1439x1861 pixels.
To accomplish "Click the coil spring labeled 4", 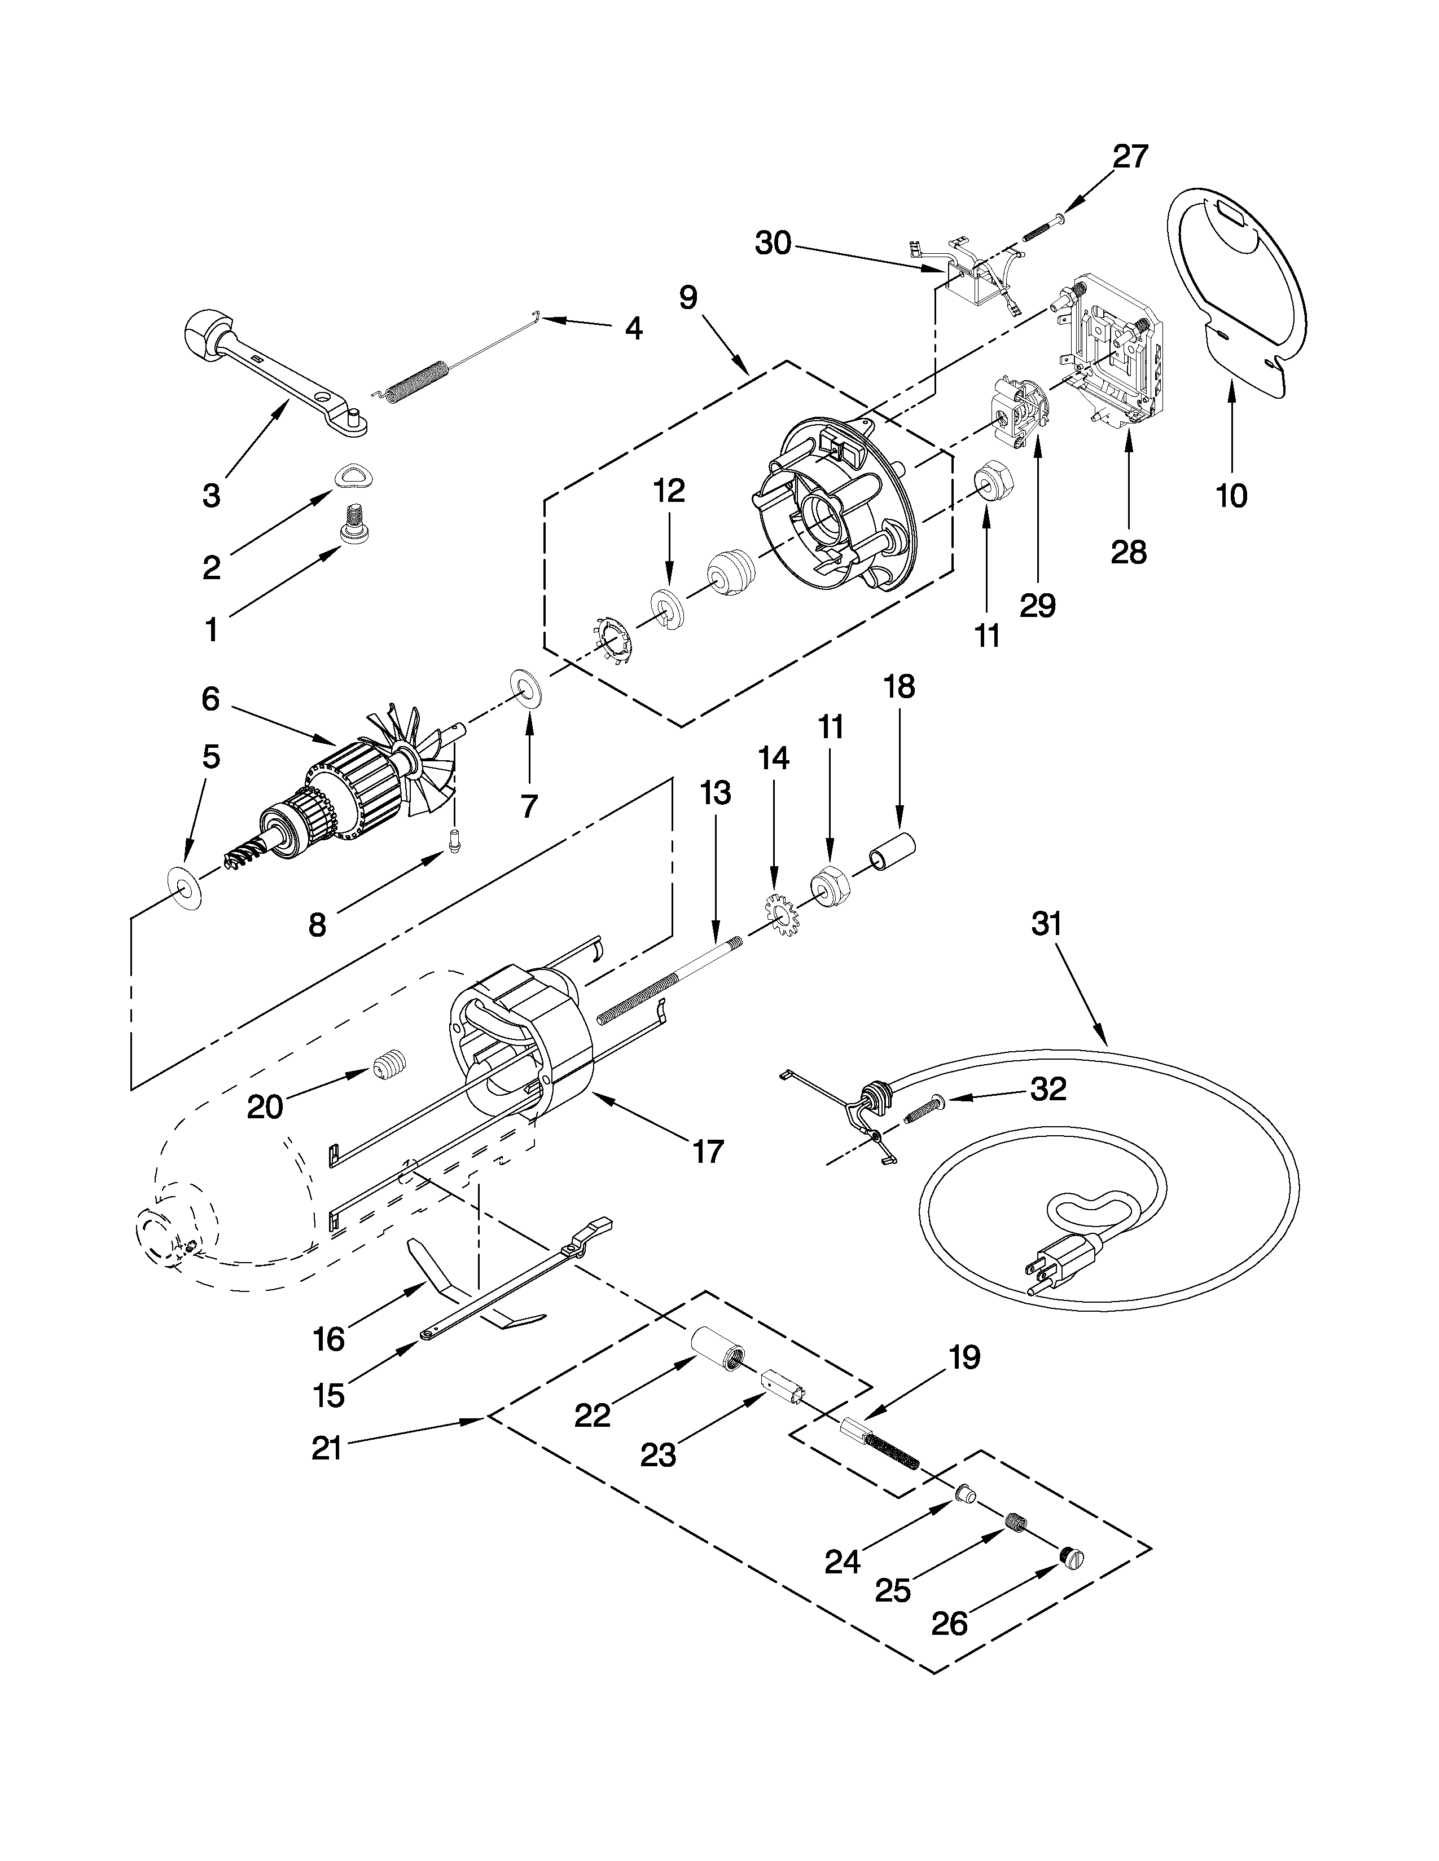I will coord(417,380).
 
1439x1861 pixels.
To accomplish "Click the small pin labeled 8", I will coord(454,841).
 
